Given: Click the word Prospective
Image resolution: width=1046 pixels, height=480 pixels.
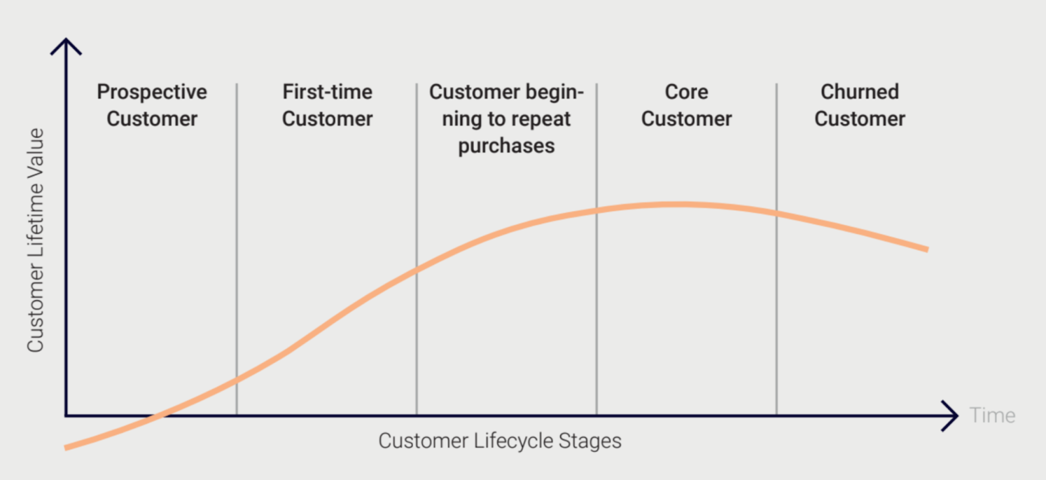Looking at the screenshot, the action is point(152,92).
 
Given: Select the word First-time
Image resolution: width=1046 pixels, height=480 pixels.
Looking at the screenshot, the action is point(327,92).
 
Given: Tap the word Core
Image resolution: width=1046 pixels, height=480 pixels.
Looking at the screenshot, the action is point(686,92).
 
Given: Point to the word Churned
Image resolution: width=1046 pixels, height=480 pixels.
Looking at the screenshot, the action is point(860,92).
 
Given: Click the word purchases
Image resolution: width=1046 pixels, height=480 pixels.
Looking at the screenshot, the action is point(506,146).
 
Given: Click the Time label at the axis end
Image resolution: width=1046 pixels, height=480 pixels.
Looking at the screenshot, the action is point(992,415).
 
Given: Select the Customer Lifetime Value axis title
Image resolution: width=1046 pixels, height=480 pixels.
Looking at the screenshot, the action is point(35,240).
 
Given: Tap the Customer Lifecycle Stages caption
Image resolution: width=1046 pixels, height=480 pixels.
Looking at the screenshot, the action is point(499,441).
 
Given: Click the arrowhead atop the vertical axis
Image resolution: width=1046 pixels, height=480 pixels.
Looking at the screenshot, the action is point(66,45).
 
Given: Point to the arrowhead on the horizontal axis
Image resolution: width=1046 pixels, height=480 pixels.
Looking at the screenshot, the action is point(952,415).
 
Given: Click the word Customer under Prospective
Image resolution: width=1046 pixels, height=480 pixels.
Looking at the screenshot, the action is point(152,119).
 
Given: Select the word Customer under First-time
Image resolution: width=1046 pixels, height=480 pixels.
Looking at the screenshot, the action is point(327,119).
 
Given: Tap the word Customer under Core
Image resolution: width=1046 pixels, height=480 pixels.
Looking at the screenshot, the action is point(686,119).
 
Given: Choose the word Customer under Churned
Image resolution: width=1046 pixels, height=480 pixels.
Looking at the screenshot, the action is point(860,119).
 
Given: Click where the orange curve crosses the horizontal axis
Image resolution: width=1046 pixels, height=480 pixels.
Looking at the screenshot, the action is point(157,415).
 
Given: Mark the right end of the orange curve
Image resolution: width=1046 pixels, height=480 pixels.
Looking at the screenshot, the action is point(926,249).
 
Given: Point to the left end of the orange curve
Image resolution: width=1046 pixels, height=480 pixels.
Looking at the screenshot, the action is point(67,447).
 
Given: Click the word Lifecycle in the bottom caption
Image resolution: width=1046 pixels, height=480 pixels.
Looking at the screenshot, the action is point(505,441).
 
